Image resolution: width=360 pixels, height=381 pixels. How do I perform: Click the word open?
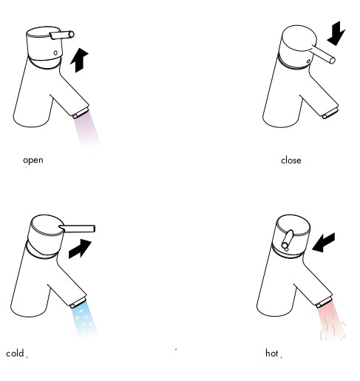[33, 161]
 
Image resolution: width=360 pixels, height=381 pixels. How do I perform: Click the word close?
[291, 161]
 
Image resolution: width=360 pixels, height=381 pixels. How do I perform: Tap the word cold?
[15, 353]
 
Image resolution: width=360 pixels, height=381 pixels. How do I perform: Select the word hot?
[272, 353]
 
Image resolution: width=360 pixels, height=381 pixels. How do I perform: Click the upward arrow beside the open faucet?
[79, 60]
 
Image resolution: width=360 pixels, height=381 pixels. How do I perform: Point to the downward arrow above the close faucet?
[336, 33]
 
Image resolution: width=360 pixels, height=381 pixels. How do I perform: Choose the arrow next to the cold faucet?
[80, 249]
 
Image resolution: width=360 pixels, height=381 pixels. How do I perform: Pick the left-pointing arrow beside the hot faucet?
[324, 243]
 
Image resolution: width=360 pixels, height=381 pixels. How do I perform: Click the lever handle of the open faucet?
[62, 35]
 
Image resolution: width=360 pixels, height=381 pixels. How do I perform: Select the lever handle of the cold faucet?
[77, 229]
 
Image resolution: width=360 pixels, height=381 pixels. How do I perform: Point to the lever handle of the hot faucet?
[288, 240]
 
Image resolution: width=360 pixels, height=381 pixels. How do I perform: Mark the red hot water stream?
[330, 320]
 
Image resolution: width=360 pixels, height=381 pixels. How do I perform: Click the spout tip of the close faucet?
[330, 113]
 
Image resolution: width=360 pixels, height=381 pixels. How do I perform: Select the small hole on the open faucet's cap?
[55, 53]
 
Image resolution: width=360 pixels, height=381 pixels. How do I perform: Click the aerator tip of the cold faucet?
[78, 303]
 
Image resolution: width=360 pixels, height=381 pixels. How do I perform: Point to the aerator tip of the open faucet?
[81, 112]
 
